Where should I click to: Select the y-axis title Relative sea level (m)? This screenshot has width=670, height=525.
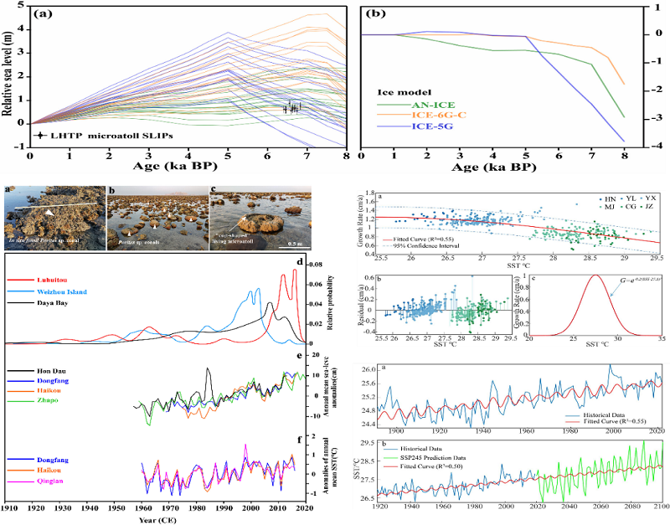coord(9,77)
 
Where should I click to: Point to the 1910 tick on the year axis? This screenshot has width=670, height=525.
coord(9,508)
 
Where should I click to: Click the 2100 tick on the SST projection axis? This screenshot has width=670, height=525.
coord(659,508)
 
